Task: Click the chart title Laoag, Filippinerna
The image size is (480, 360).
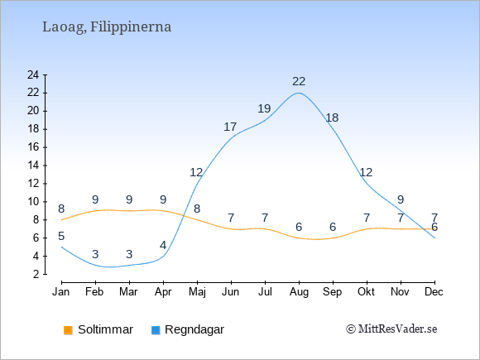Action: tap(107, 27)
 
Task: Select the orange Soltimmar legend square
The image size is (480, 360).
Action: tap(68, 330)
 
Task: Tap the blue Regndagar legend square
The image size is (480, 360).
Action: tap(156, 330)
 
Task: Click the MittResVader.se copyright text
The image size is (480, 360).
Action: tap(391, 329)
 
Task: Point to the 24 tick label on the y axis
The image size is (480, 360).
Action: tap(33, 74)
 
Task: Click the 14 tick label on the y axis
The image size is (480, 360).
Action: tap(33, 166)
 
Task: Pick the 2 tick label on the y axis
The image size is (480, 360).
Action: tap(36, 274)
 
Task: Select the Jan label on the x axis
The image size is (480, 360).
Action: tap(61, 292)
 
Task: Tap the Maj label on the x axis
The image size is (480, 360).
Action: tap(197, 292)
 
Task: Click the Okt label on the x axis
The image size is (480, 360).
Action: tap(366, 292)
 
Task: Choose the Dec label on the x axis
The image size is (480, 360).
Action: tap(434, 292)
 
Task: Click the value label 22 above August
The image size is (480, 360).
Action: tap(299, 81)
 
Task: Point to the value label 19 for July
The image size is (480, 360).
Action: tap(264, 108)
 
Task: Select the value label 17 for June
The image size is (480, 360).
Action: tap(230, 127)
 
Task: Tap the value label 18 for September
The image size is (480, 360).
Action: tap(332, 118)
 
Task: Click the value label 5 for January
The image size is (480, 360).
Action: tap(61, 236)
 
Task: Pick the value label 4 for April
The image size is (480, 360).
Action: tap(163, 245)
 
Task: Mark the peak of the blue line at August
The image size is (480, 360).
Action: tap(299, 93)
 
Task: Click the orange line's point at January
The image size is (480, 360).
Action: tap(61, 220)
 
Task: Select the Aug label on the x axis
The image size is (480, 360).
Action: tap(299, 292)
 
